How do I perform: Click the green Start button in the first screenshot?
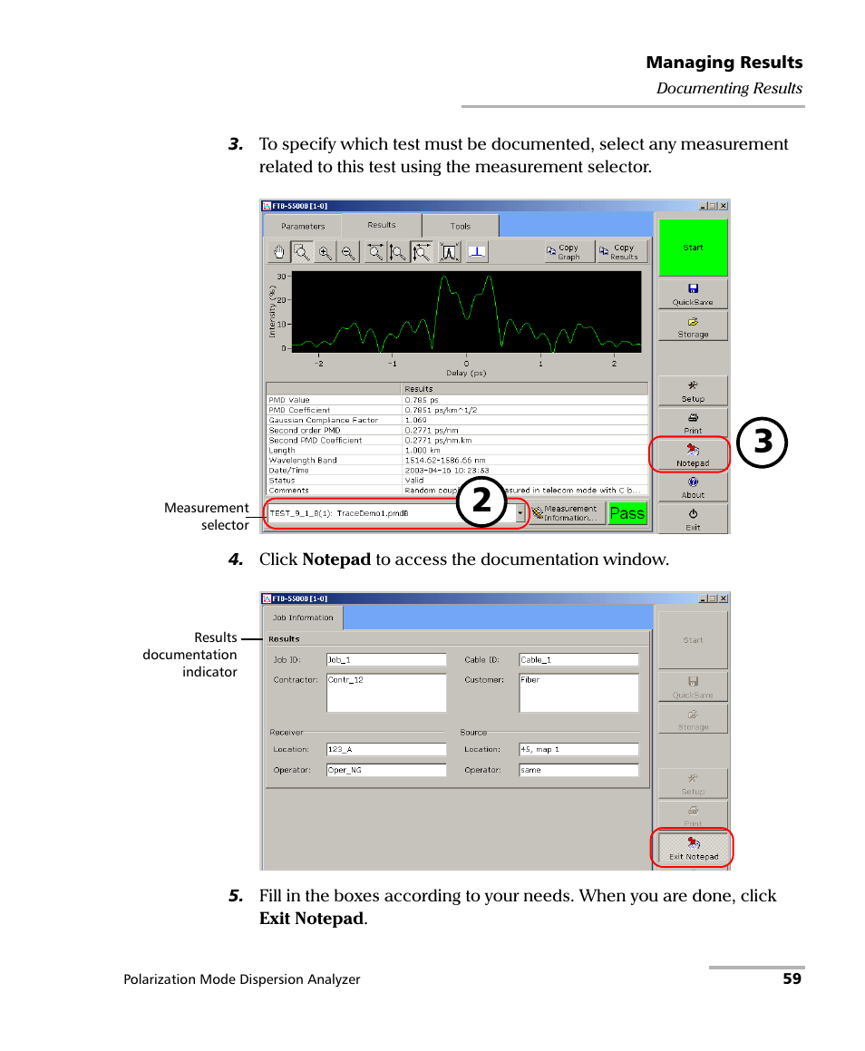693,248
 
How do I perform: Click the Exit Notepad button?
693,849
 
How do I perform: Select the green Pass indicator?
627,513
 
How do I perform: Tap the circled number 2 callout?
481,501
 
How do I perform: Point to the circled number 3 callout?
762,443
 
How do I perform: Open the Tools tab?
461,226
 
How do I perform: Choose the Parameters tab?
303,226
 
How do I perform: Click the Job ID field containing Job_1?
385,660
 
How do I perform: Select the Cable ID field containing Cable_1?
578,660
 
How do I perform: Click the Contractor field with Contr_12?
385,692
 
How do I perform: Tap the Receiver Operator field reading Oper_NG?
385,770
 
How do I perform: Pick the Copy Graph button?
569,252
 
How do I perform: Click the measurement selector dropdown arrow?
520,513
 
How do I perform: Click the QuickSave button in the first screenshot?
693,294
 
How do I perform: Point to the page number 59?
792,979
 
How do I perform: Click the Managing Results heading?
724,63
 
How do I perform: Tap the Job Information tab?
303,618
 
